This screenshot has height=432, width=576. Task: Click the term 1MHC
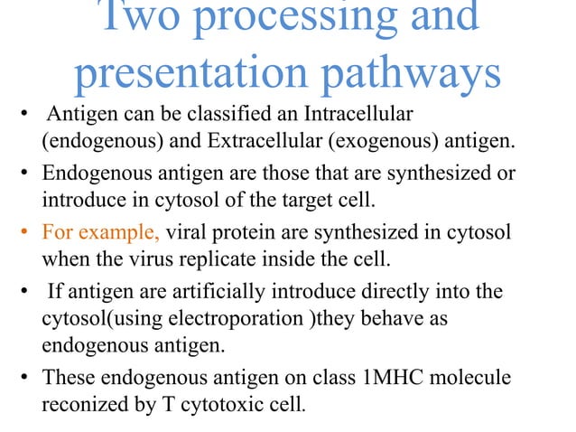pos(396,377)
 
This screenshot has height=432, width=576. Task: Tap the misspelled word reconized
pos(80,404)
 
